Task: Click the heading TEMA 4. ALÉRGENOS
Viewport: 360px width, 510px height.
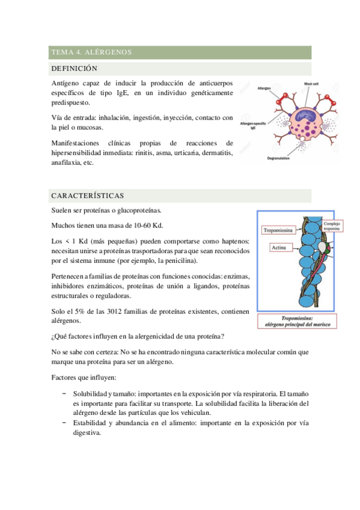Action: pyautogui.click(x=91, y=52)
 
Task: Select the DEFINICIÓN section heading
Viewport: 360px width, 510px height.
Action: pyautogui.click(x=75, y=69)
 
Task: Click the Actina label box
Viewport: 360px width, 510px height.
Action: pyautogui.click(x=279, y=247)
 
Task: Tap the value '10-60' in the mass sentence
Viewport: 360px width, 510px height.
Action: pyautogui.click(x=139, y=226)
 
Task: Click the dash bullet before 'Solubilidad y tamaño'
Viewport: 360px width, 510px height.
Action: pyautogui.click(x=64, y=393)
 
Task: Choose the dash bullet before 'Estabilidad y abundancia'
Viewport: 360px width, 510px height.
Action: pyautogui.click(x=64, y=423)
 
